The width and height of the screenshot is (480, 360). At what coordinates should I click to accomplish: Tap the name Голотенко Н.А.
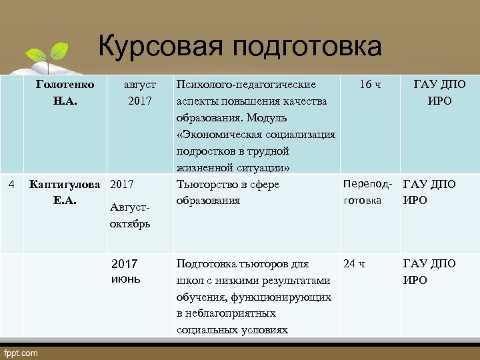click(65, 93)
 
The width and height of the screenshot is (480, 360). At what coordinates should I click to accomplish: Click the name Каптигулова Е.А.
click(65, 192)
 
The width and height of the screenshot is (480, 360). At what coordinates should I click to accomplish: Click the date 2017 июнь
click(126, 271)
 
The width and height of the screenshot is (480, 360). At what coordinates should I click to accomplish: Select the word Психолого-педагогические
click(246, 85)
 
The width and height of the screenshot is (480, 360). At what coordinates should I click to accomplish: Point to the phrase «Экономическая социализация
click(256, 135)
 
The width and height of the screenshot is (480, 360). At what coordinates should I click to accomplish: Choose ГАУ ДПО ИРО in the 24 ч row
click(429, 271)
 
